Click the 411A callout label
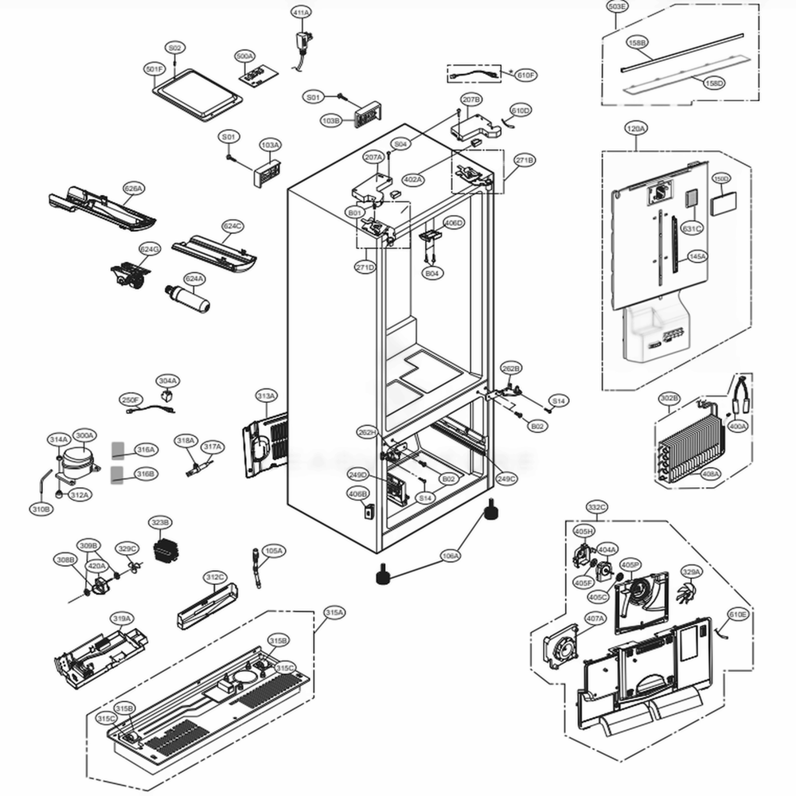[x=301, y=13]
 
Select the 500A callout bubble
[x=244, y=57]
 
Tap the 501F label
[x=154, y=69]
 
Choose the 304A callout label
[x=167, y=381]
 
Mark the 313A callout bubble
[x=266, y=396]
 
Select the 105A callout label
[x=274, y=551]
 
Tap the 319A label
[x=121, y=618]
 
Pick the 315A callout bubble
[x=334, y=612]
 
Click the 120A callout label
[x=636, y=127]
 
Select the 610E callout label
[x=738, y=615]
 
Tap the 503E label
[x=617, y=7]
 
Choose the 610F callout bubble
[x=526, y=75]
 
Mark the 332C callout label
[x=597, y=506]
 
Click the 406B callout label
[x=358, y=494]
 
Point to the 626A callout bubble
[x=134, y=189]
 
